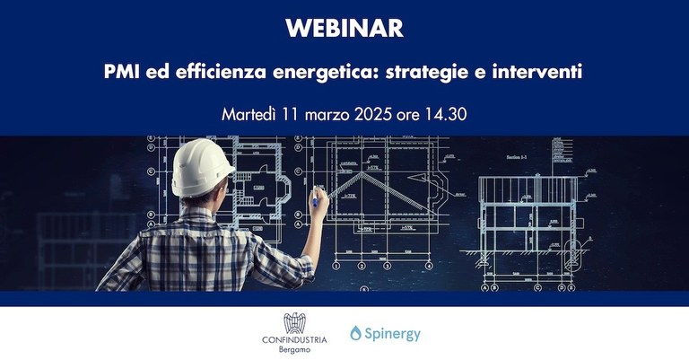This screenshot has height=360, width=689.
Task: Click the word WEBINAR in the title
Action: coord(344,29)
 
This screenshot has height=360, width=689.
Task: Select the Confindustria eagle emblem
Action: coord(294,324)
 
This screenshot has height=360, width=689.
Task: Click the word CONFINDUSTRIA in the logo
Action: coord(294,339)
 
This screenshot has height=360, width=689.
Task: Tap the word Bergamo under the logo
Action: coord(294,350)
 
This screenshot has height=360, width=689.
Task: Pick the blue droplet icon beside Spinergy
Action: coord(356,334)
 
